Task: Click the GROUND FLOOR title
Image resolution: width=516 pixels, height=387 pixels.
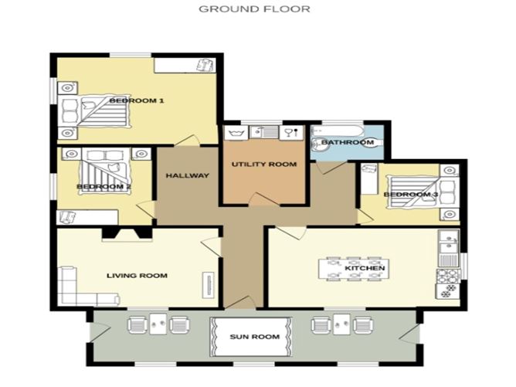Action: click(x=254, y=9)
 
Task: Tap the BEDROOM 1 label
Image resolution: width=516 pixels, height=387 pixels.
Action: click(x=136, y=100)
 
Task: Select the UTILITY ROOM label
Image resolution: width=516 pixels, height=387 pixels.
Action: click(x=264, y=165)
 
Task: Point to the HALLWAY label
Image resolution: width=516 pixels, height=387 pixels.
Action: click(x=187, y=175)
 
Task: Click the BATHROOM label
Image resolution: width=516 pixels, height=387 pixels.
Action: click(x=348, y=142)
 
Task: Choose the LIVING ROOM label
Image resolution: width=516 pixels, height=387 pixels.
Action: click(x=137, y=276)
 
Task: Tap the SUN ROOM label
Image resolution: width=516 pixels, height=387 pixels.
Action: click(x=254, y=337)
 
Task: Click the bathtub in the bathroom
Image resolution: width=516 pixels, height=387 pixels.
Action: click(x=338, y=131)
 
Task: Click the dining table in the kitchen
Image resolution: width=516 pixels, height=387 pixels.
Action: click(x=354, y=269)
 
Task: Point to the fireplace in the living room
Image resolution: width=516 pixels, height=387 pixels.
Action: click(x=127, y=234)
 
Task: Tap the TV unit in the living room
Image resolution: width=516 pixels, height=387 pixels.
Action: click(x=209, y=285)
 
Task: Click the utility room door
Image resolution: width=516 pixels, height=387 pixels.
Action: click(x=264, y=199)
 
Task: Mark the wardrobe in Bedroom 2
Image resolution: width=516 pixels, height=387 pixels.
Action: click(x=87, y=217)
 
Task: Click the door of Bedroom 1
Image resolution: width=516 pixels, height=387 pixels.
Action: click(x=187, y=140)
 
